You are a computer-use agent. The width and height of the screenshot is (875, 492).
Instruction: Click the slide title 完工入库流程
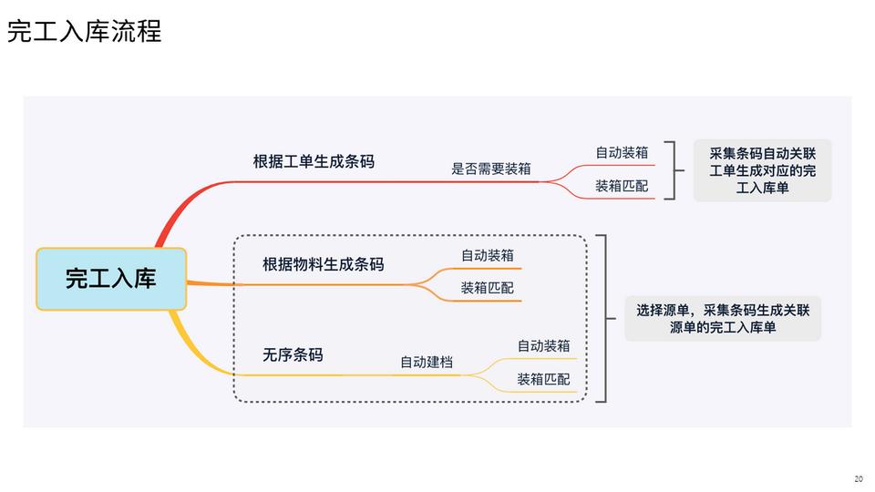85,32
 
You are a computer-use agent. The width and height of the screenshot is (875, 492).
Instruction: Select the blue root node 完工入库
111,279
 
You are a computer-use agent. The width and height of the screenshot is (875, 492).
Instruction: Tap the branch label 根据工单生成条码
314,162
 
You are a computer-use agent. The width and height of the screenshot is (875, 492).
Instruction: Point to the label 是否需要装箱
491,169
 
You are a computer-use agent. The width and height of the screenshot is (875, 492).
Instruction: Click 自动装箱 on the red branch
622,152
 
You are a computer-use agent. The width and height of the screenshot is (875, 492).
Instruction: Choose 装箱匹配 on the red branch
622,186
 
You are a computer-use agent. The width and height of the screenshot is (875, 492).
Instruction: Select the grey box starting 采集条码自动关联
762,170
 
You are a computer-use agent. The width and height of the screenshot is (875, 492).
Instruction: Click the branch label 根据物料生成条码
323,264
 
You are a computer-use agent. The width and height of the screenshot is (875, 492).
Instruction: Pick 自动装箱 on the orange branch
487,255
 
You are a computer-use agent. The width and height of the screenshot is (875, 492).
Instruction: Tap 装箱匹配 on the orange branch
487,288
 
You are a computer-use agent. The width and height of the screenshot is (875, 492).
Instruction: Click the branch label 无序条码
293,354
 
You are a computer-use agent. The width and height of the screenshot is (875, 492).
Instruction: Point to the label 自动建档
427,362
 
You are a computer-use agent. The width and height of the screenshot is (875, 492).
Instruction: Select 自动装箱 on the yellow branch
543,345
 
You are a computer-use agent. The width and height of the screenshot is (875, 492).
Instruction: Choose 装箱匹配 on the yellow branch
543,379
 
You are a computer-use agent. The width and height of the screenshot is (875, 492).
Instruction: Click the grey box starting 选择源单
723,318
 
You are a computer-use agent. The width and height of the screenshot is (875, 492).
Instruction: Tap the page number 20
858,479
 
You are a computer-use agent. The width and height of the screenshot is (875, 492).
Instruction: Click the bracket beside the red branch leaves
674,169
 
